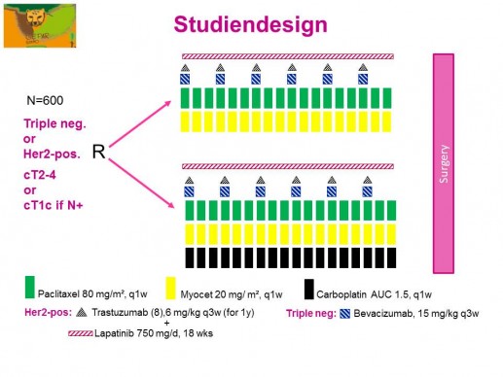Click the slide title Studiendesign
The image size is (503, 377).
tap(249, 24)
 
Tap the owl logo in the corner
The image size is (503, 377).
tap(30, 24)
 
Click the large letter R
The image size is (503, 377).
tap(98, 152)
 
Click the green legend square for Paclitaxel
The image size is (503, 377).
tap(31, 289)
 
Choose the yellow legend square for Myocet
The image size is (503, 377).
tap(170, 289)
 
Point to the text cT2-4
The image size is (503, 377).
tap(43, 173)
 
